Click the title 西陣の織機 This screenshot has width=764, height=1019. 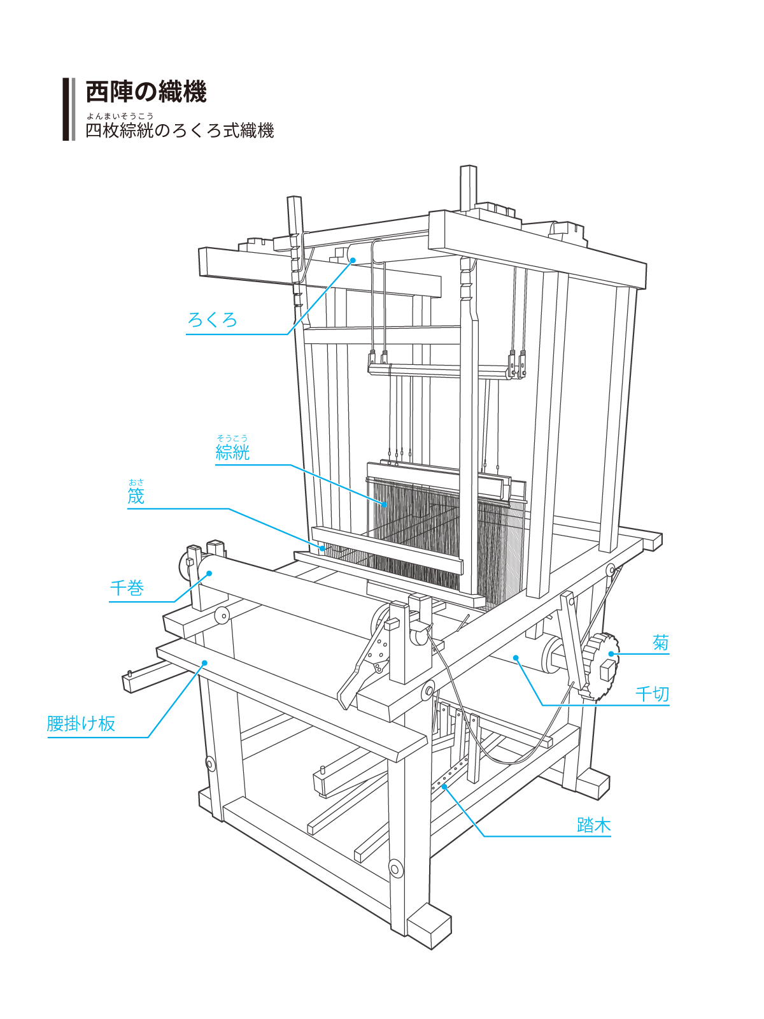[x=146, y=92]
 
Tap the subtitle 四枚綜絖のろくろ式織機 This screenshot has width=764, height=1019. [x=180, y=131]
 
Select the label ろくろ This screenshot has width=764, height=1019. [x=212, y=320]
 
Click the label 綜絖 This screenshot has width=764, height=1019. [x=232, y=453]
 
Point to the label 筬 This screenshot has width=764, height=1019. [x=136, y=497]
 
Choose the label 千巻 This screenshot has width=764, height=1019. [x=127, y=588]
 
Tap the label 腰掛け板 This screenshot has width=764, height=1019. [x=81, y=723]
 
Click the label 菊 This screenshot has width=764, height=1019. [x=661, y=643]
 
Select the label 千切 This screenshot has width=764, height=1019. [x=653, y=694]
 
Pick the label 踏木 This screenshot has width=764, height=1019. [x=593, y=825]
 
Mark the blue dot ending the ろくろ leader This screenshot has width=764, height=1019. [x=353, y=260]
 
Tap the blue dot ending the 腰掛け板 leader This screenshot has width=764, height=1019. [x=205, y=663]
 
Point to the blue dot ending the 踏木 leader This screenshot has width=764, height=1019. [x=445, y=787]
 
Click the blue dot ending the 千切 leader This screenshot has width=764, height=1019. [x=516, y=659]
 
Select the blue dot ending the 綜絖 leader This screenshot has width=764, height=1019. [x=385, y=504]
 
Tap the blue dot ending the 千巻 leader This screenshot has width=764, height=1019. [x=209, y=573]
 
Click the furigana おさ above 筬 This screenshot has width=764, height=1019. [x=136, y=482]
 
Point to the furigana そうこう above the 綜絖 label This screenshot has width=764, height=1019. [x=232, y=438]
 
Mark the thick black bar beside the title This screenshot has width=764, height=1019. [x=66, y=109]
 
